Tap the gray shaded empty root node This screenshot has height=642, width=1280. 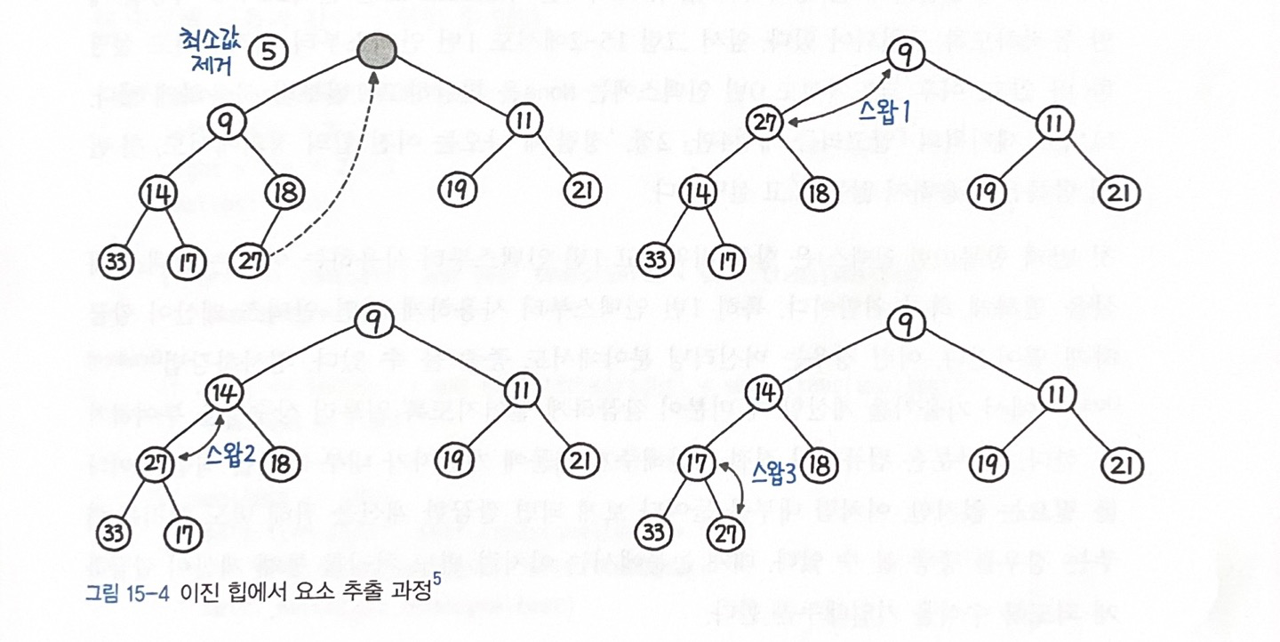tap(377, 52)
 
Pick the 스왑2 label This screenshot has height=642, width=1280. tap(229, 453)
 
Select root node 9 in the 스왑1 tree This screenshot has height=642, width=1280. tap(905, 55)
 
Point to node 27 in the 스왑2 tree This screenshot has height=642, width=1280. tap(156, 462)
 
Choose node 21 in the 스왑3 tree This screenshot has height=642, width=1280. tap(1122, 462)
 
